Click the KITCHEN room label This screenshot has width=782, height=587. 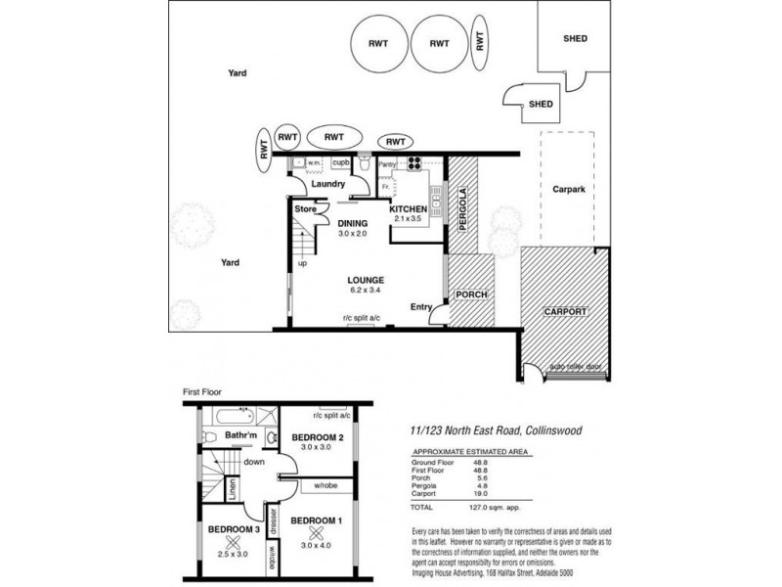click(x=408, y=209)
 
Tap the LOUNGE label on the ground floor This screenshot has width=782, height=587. click(x=366, y=280)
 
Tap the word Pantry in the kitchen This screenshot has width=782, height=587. click(x=387, y=164)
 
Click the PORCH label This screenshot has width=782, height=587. click(x=471, y=294)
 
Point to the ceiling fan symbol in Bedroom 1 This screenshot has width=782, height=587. click(x=316, y=533)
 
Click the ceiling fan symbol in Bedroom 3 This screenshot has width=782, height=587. click(x=232, y=542)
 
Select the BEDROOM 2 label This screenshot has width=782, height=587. click(x=317, y=437)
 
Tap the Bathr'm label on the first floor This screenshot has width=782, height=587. click(x=240, y=433)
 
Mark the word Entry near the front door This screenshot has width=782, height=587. click(x=421, y=307)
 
